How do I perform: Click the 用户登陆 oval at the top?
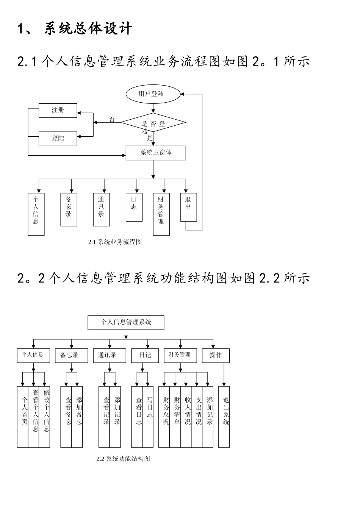pos(152,94)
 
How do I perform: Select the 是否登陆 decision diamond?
pos(153,123)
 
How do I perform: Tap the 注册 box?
pos(58,110)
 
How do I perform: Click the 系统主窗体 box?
pos(156,153)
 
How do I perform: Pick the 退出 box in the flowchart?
pos(188,207)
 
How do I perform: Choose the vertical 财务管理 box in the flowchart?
pos(161,214)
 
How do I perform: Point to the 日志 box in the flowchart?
pos(134,207)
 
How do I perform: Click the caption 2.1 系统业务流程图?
pos(115,242)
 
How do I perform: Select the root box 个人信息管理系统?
pos(126,322)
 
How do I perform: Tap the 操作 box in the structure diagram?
pos(216,355)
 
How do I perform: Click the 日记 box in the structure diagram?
pos(145,355)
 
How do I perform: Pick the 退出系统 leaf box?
pos(226,417)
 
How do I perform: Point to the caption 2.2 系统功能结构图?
pos(123,459)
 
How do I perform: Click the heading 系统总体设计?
pos(88,29)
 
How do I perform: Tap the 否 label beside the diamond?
pos(112,120)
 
